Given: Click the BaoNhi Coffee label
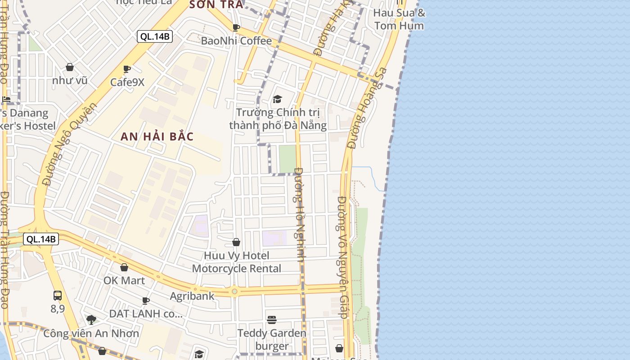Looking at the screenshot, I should (236, 41).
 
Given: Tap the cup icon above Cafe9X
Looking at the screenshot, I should (127, 69).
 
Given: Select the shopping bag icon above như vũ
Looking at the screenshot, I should (70, 67).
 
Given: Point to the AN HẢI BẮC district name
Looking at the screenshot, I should (157, 137).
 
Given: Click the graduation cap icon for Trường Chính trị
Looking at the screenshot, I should (277, 99).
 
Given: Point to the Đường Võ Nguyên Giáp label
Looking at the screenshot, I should (343, 257).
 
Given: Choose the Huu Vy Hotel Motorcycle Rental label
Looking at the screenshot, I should (237, 262).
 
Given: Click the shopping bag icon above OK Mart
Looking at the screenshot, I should (124, 267).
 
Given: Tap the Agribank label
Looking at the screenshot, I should (192, 296).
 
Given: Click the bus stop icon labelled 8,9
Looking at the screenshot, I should (58, 296).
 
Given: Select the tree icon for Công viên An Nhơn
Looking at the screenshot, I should (91, 320).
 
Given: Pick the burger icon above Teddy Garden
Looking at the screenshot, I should (272, 320).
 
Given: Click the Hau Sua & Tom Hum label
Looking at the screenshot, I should (399, 19).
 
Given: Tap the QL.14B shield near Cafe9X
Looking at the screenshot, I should (155, 36).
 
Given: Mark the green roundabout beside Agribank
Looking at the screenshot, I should (234, 292).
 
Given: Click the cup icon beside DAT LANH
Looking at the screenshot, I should (146, 301).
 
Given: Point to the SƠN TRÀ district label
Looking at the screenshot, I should (216, 4).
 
